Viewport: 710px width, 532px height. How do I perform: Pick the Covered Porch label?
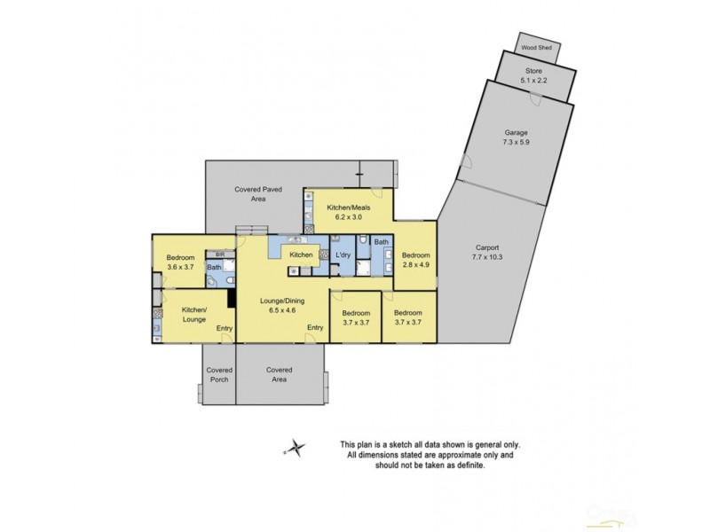(219, 374)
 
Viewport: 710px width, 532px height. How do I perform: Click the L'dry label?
(342, 255)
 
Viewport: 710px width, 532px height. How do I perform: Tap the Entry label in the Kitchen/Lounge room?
(225, 329)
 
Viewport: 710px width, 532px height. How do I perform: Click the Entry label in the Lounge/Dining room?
(315, 328)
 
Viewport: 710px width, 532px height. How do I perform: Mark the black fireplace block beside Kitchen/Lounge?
(231, 299)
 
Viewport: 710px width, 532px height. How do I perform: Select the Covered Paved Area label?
(258, 195)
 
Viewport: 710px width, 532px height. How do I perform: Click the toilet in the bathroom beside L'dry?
(366, 240)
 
